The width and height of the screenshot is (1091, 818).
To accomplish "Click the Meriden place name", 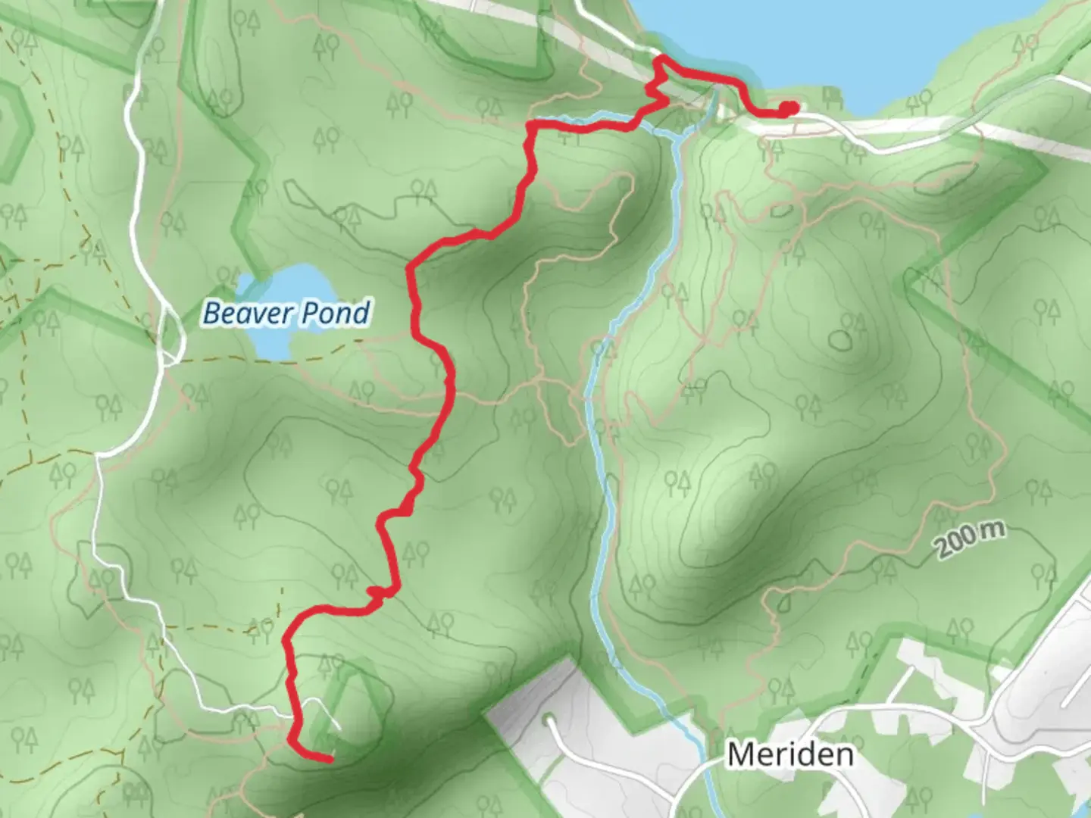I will (789, 754).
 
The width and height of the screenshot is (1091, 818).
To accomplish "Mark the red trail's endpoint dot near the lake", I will (789, 108).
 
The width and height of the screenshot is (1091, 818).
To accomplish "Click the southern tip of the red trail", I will (330, 757).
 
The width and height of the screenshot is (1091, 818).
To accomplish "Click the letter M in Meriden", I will (740, 754).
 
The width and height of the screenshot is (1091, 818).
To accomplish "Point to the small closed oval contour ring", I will (839, 340).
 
